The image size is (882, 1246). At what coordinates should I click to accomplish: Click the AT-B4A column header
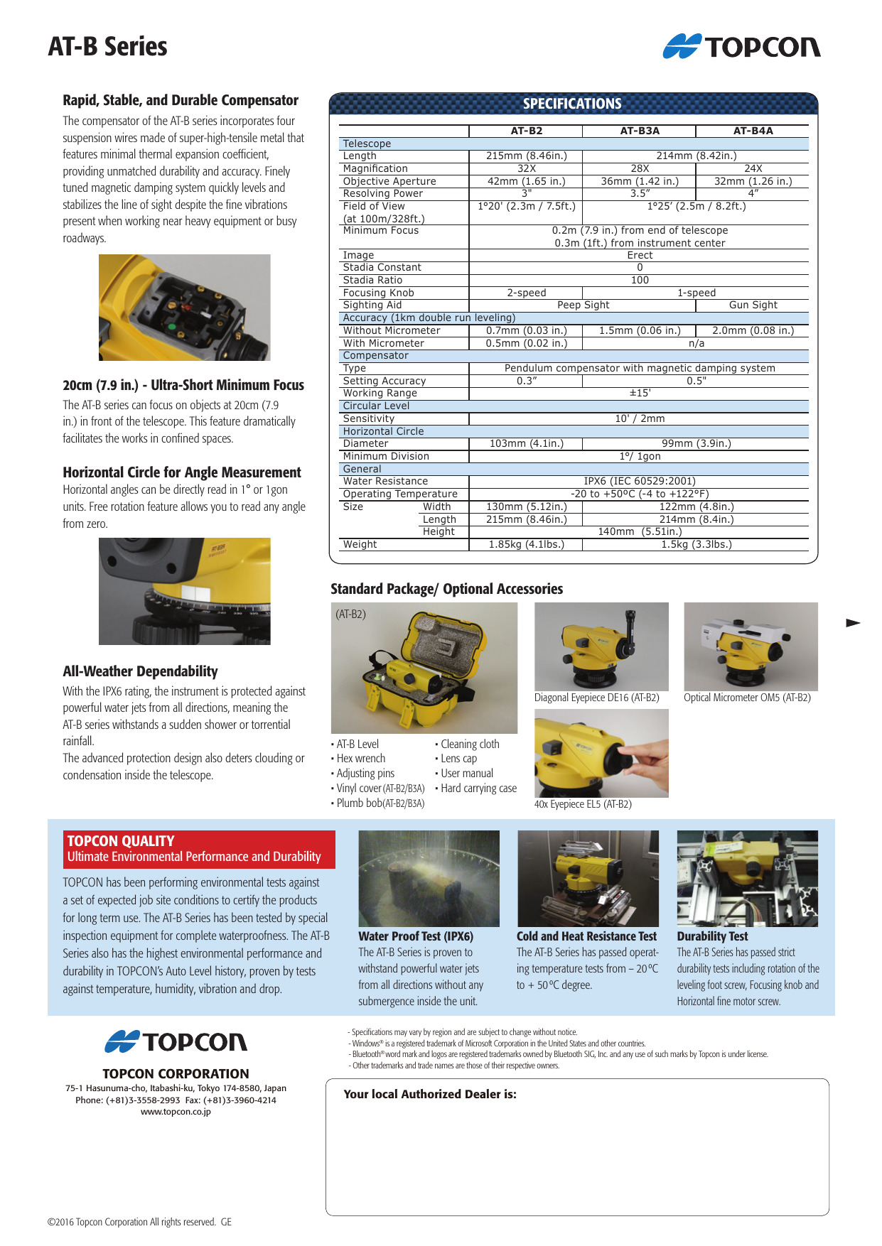[x=753, y=131]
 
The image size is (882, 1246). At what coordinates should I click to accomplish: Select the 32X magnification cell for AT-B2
[x=526, y=168]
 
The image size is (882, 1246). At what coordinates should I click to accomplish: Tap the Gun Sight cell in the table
[x=753, y=305]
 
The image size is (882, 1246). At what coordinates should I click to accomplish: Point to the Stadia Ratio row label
[x=372, y=280]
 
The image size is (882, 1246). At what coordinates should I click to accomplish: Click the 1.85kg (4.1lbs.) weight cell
[x=526, y=544]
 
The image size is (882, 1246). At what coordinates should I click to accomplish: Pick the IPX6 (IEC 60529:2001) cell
[x=639, y=481]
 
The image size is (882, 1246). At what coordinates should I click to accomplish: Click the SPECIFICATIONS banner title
[x=572, y=104]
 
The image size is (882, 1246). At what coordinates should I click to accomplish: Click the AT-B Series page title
[x=108, y=47]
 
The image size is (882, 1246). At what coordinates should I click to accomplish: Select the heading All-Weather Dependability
[x=140, y=671]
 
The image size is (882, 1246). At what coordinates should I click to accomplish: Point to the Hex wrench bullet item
[x=361, y=759]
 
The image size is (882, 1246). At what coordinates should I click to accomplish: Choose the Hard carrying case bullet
[x=478, y=789]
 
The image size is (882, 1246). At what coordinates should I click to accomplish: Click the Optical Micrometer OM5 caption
[x=747, y=698]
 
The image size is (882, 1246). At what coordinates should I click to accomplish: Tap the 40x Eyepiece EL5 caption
[x=583, y=804]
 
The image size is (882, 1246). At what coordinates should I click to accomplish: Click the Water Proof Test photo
[x=429, y=878]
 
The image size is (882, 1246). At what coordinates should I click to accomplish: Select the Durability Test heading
[x=712, y=936]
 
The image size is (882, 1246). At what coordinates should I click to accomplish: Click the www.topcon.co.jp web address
[x=176, y=1112]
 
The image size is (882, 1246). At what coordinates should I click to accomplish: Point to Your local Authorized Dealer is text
[x=430, y=1094]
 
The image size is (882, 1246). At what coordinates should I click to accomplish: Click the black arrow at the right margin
[x=853, y=623]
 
